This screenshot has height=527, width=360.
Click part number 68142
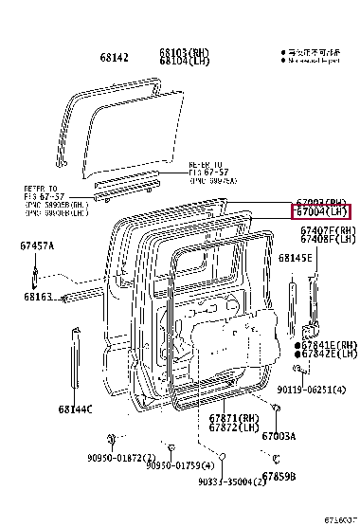(115, 56)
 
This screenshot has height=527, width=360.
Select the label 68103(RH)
(183, 51)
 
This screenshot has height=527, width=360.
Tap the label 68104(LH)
(183, 61)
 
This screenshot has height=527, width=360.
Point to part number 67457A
(36, 246)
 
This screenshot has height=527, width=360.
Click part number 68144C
(74, 409)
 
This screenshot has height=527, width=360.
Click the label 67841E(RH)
(329, 345)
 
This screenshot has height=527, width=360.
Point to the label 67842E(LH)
(329, 354)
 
